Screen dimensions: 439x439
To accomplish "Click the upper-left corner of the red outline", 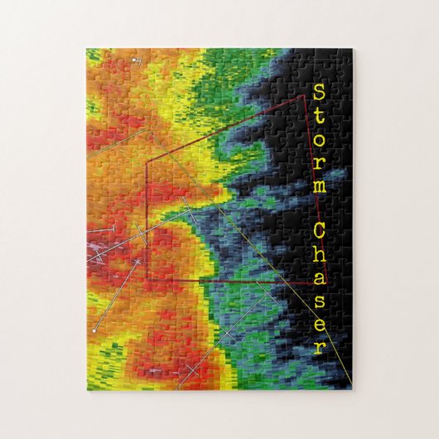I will (147, 162).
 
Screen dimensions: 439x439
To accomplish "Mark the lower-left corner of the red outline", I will (147, 280).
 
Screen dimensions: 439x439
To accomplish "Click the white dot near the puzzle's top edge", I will (138, 60).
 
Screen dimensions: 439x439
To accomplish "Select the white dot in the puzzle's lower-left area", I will (95, 330).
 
